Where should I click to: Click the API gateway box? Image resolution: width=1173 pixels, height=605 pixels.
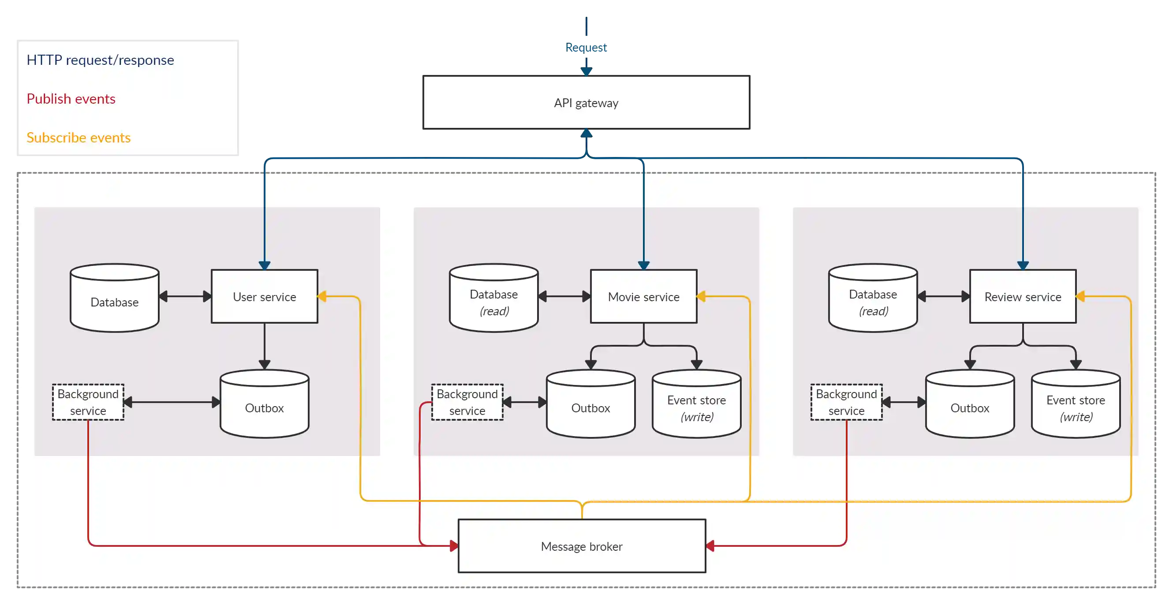click(x=586, y=102)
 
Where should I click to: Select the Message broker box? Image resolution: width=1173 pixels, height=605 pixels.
click(x=582, y=546)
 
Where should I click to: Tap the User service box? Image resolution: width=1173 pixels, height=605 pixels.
click(x=264, y=296)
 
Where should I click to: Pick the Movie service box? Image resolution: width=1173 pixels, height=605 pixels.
click(x=643, y=296)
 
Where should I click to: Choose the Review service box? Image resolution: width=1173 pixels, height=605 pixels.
click(x=1023, y=296)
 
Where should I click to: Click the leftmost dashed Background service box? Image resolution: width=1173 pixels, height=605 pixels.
click(x=88, y=402)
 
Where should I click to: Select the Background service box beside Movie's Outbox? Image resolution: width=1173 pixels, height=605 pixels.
click(x=467, y=402)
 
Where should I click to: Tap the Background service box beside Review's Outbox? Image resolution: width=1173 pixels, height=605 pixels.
click(x=846, y=402)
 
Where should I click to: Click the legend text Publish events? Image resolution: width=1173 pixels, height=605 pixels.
click(x=71, y=99)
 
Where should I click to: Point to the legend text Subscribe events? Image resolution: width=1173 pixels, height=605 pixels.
click(x=78, y=138)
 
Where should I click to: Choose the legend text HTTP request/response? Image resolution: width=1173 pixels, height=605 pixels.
click(x=100, y=60)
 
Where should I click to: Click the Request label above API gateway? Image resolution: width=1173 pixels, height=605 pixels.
click(x=586, y=47)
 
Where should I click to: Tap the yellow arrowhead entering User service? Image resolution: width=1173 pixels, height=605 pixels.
click(x=322, y=296)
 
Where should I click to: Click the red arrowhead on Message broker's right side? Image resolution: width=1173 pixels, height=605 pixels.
click(x=710, y=545)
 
